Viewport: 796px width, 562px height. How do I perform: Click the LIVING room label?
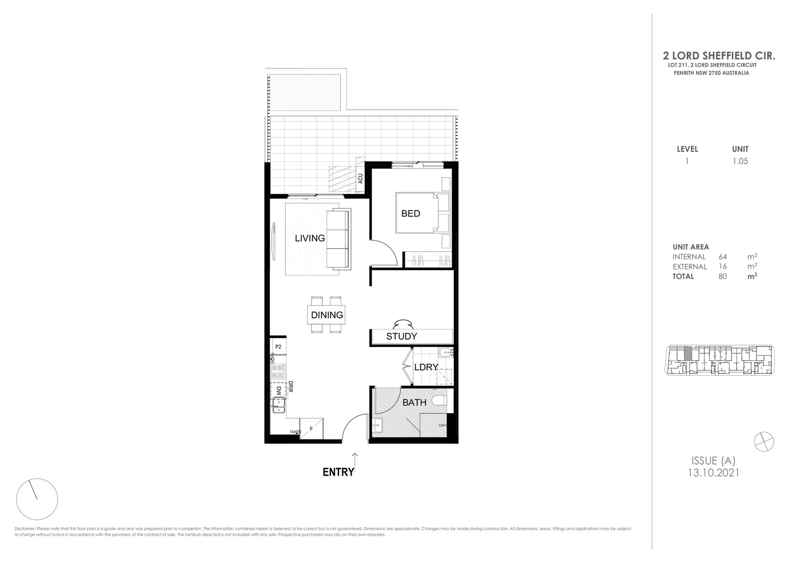(309, 238)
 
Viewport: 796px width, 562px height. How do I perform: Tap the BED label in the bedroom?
(411, 213)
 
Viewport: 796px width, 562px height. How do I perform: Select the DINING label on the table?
(327, 315)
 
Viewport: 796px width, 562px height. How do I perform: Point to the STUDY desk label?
(401, 337)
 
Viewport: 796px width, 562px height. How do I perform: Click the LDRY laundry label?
(426, 367)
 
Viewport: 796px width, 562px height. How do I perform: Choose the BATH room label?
(414, 402)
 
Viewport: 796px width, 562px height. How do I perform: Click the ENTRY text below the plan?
(338, 472)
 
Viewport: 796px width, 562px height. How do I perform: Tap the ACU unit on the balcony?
(359, 178)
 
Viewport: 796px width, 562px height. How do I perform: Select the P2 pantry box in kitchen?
(278, 347)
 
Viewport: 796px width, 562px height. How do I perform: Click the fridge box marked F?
(312, 429)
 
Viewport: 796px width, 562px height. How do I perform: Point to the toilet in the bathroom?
(439, 401)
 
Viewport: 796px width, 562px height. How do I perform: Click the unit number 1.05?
(740, 161)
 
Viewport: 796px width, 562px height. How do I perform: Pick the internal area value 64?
(723, 257)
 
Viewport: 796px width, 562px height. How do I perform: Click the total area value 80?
(723, 276)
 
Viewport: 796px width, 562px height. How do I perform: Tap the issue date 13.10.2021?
(713, 472)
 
